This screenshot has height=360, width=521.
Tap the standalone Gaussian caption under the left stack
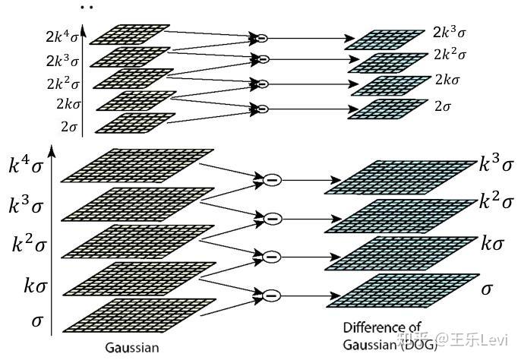point(134,347)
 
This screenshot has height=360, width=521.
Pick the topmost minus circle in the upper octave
point(260,37)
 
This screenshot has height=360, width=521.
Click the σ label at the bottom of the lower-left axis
point(37,321)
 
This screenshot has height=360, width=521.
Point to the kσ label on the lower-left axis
point(34,285)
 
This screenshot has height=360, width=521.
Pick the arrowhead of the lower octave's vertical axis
point(52,150)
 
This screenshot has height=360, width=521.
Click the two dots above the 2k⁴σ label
point(86,7)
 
